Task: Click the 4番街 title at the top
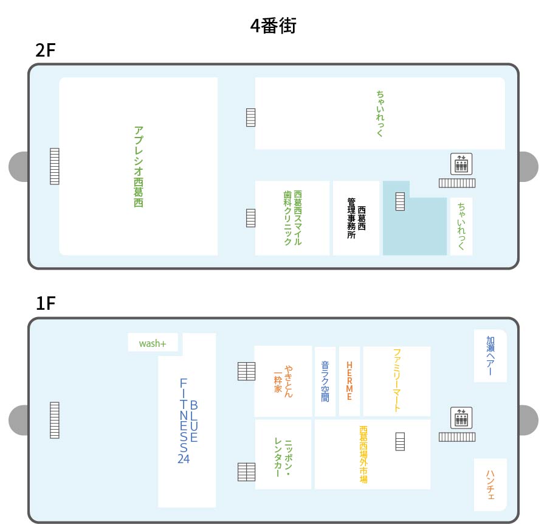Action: tap(273, 26)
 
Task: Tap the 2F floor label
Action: tap(46, 51)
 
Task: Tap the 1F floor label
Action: tap(46, 303)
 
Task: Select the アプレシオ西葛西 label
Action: tap(139, 167)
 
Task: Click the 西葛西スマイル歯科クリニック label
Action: tap(292, 218)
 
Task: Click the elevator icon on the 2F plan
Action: tap(461, 164)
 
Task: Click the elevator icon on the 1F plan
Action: tap(461, 417)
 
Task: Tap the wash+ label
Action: tap(153, 344)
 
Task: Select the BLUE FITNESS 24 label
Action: tap(188, 421)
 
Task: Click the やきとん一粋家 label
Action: tap(283, 381)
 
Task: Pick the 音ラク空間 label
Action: tap(325, 381)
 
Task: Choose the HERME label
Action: tap(349, 381)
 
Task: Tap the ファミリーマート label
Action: tap(397, 380)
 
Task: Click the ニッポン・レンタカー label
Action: tap(283, 457)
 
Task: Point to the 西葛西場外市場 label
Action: tap(363, 455)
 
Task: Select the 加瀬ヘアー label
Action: tap(490, 355)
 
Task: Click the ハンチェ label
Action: tap(490, 485)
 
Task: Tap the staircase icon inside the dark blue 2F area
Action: tap(400, 201)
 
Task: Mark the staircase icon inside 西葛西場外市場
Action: tap(400, 442)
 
